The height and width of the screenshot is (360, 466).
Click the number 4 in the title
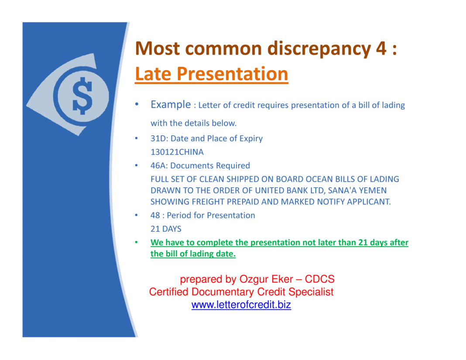click(380, 48)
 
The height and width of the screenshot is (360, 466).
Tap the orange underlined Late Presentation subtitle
click(212, 74)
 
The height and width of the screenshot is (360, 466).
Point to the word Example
click(171, 105)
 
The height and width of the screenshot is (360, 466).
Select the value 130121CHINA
click(177, 152)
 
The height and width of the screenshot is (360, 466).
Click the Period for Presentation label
click(211, 216)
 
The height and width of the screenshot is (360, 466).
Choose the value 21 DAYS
click(166, 229)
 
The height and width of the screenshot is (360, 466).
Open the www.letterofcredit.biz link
click(241, 305)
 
